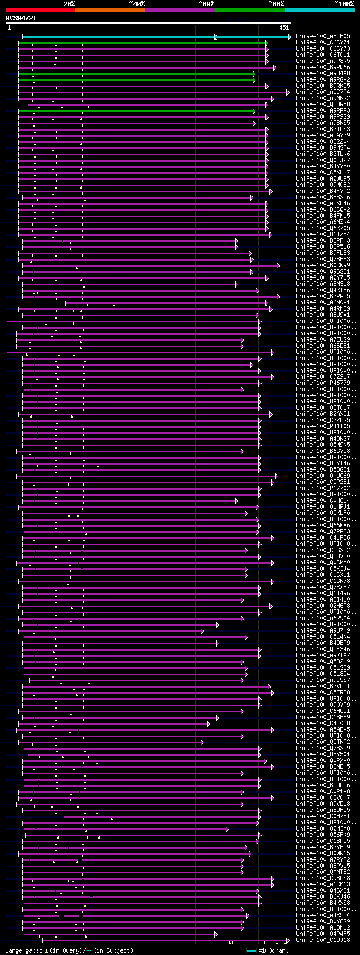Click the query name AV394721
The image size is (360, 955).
coord(21,18)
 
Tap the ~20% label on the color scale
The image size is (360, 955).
coord(69,3)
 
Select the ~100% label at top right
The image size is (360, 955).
coord(344,3)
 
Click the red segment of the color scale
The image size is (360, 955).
coord(40,10)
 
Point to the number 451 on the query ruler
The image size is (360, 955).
coord(283,28)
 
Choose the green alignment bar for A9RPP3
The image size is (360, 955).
coord(135,111)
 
